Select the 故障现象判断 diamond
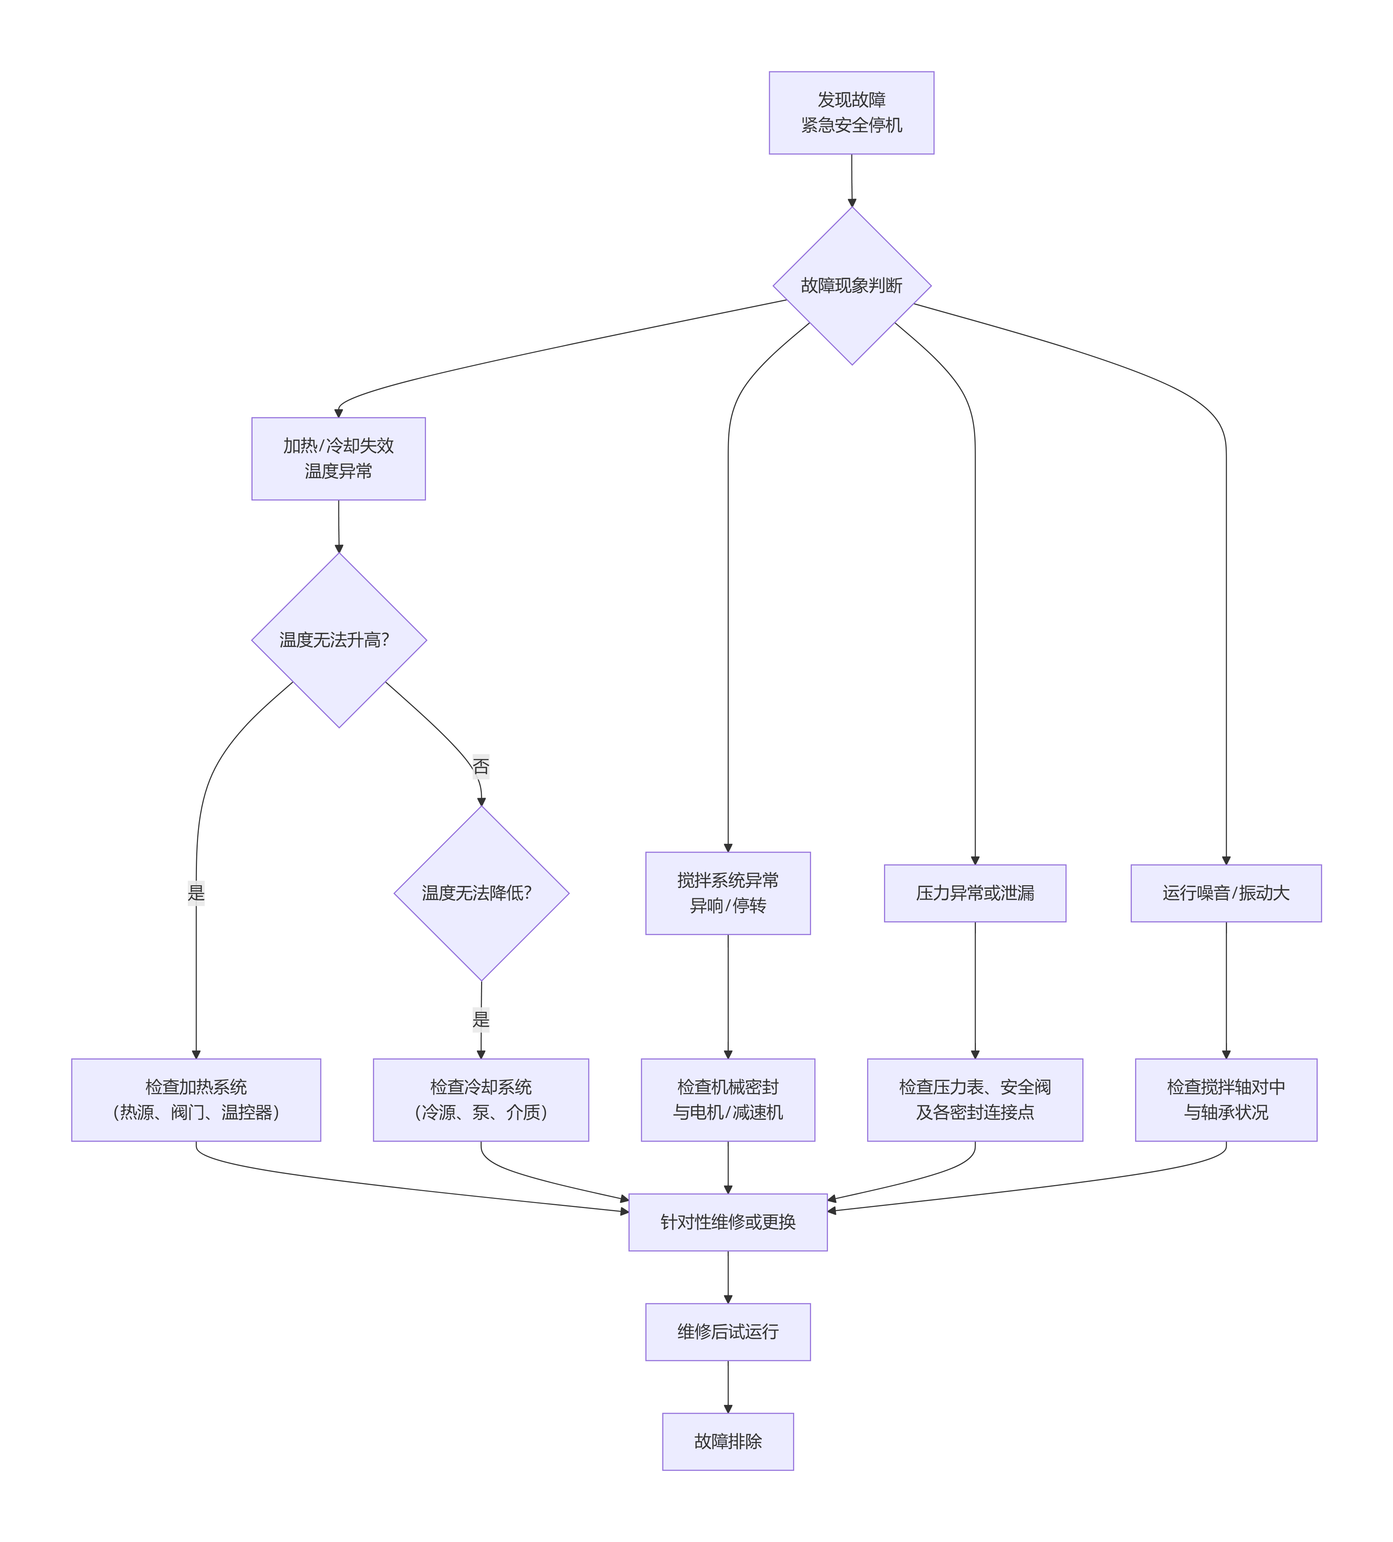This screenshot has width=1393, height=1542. point(851,285)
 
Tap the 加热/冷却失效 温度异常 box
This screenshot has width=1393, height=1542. point(338,458)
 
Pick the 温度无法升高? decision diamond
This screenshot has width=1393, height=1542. point(338,640)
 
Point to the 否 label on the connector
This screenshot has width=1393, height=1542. point(480,766)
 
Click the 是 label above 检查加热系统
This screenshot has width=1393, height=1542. point(196,893)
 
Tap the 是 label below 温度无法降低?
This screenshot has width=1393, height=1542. point(480,1019)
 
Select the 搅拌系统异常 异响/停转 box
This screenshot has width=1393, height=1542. point(728,893)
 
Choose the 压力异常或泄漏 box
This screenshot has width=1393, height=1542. point(975,893)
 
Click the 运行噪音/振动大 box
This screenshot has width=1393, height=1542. point(1226,893)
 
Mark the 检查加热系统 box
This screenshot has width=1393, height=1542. point(196,1099)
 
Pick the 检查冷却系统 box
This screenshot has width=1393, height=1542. point(480,1099)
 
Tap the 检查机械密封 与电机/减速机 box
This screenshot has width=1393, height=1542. point(728,1099)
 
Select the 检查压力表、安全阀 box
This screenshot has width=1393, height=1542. point(975,1099)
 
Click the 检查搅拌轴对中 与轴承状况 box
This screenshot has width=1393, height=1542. point(1226,1099)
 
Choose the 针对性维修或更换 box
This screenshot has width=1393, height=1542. point(728,1221)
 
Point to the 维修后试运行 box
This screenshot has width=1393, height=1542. point(728,1332)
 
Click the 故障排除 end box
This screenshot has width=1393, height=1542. point(728,1441)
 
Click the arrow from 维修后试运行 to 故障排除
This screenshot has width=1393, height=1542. point(728,1386)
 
